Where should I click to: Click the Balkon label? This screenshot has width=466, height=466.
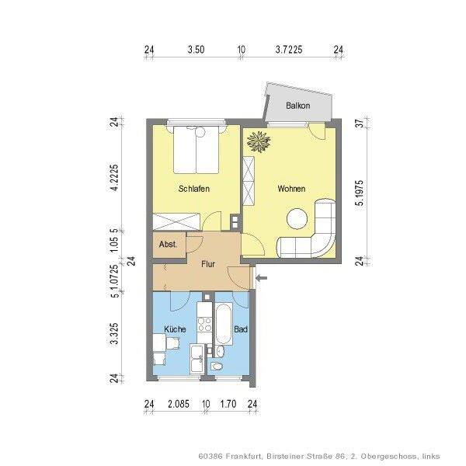297,106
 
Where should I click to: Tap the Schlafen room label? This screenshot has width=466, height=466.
193,189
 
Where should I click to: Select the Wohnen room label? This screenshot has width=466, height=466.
291,189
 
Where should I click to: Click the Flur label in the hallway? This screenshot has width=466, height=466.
208,264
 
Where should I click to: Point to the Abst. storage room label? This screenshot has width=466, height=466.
169,245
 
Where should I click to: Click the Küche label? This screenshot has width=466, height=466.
175,329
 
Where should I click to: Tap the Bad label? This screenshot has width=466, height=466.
241,329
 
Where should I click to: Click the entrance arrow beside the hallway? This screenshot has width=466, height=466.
262,278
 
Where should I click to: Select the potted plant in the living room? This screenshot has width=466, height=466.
259,141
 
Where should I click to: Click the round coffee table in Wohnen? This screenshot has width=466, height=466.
297,219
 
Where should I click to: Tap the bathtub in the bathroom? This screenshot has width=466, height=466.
224,324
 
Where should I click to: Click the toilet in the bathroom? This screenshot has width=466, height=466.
217,366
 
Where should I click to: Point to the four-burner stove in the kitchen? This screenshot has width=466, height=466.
204,325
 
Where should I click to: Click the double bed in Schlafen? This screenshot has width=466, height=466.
196,149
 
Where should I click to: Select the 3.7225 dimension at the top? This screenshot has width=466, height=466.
289,50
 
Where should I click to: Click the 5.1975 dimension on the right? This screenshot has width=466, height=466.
360,193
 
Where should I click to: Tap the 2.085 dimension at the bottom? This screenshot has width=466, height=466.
179,404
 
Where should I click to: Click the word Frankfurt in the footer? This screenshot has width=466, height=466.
244,456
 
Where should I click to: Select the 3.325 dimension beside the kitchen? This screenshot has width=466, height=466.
114,334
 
